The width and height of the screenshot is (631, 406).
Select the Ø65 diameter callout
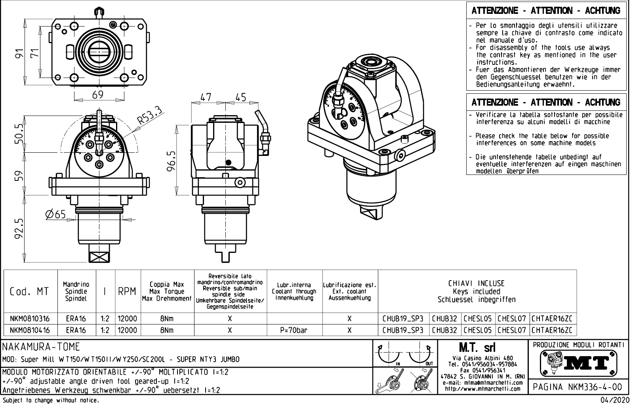click(x=56, y=214)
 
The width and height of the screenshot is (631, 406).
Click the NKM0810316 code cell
click(x=30, y=319)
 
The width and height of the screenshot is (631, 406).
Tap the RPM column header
click(x=128, y=292)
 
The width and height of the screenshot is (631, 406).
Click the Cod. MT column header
click(x=29, y=292)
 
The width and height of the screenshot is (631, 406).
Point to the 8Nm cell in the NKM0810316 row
click(x=167, y=319)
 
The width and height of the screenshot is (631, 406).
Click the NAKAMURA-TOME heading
click(x=41, y=347)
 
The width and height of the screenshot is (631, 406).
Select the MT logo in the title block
click(x=579, y=362)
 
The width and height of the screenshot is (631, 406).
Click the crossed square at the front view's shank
click(x=99, y=257)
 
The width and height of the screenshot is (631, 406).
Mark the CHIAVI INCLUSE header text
click(x=477, y=283)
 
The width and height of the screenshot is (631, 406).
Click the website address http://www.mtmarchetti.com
click(x=482, y=389)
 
